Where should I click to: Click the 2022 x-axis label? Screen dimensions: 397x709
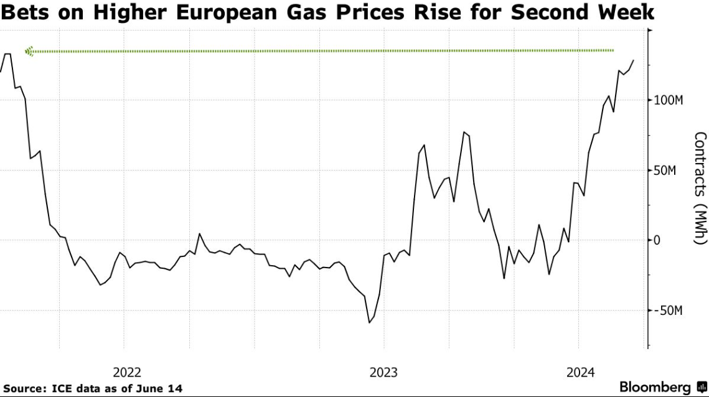pyautogui.click(x=127, y=373)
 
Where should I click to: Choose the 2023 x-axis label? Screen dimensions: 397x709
pyautogui.click(x=383, y=373)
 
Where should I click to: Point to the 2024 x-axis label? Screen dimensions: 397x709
pyautogui.click(x=580, y=373)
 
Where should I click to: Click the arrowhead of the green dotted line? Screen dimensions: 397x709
pyautogui.click(x=29, y=51)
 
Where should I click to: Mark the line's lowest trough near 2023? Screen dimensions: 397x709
pyautogui.click(x=369, y=322)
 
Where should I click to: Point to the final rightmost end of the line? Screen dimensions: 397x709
pyautogui.click(x=633, y=60)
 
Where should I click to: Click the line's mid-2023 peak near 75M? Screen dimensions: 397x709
pyautogui.click(x=464, y=132)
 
